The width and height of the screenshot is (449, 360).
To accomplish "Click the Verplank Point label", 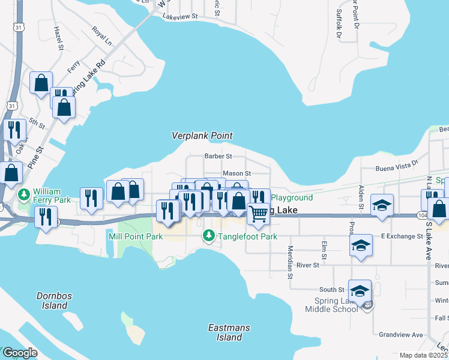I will [x=202, y=136].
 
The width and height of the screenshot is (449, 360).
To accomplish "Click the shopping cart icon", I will [x=258, y=212].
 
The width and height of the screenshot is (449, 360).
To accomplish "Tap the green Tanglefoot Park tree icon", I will [x=208, y=236].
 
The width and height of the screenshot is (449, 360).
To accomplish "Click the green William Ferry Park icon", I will [x=24, y=194].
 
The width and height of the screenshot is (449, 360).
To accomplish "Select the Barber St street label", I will [x=218, y=156].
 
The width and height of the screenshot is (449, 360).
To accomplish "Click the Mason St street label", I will [x=237, y=173].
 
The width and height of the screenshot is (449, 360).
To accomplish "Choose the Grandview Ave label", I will [x=401, y=335].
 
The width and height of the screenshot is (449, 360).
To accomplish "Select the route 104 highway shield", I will [x=422, y=215].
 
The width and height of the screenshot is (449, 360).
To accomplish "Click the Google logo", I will [x=20, y=352].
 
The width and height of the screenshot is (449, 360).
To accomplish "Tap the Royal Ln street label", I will [x=101, y=36].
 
